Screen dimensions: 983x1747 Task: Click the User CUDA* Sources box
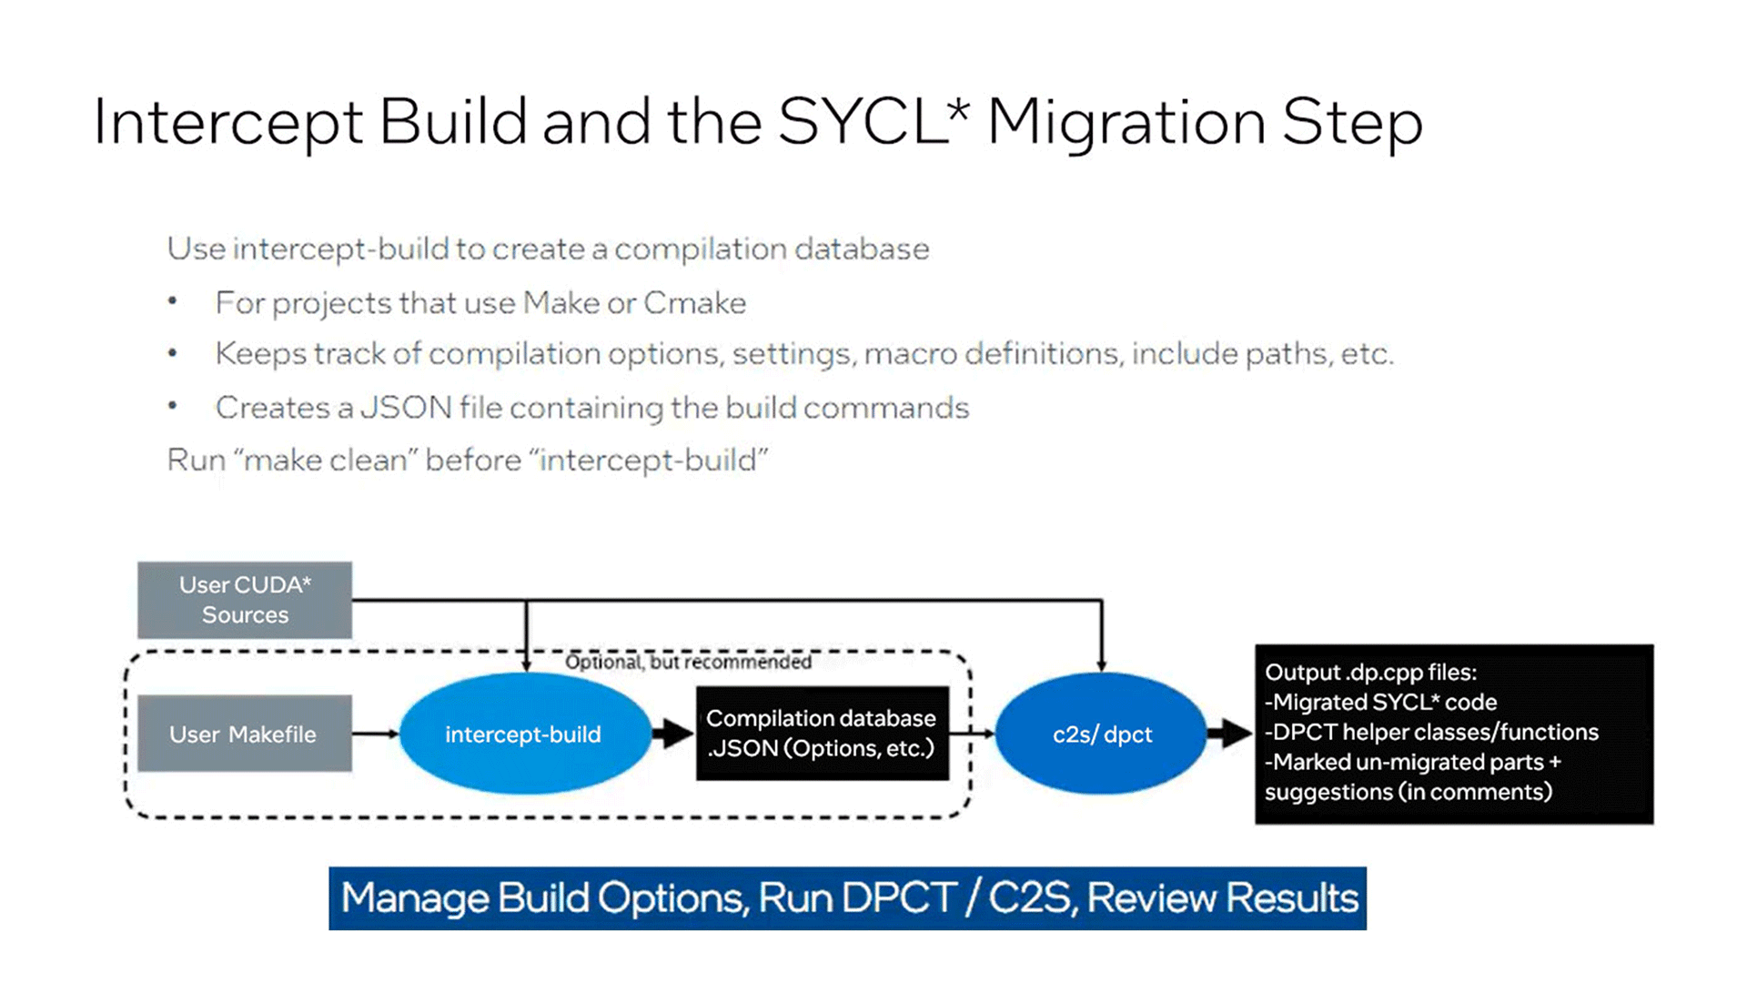[245, 600]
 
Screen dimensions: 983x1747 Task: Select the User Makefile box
[245, 734]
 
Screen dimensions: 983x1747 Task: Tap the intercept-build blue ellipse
[523, 734]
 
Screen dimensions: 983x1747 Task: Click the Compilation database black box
[822, 734]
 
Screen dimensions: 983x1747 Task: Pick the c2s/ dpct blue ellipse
[1102, 734]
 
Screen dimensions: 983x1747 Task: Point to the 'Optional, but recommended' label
[688, 662]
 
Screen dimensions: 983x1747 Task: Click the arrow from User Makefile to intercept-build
[375, 734]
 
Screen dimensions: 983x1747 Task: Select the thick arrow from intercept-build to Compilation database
[673, 734]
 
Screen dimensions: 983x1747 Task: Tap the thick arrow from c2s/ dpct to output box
[1230, 733]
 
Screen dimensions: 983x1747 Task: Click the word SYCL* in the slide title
[873, 122]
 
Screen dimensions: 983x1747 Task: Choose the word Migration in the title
[1126, 122]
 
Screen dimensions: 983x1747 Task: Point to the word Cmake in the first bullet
[694, 303]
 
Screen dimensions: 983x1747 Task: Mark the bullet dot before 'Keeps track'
[173, 353]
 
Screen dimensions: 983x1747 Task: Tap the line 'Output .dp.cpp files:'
[1370, 673]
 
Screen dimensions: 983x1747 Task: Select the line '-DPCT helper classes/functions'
[1431, 732]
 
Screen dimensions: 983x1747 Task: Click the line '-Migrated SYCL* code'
[1380, 702]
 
